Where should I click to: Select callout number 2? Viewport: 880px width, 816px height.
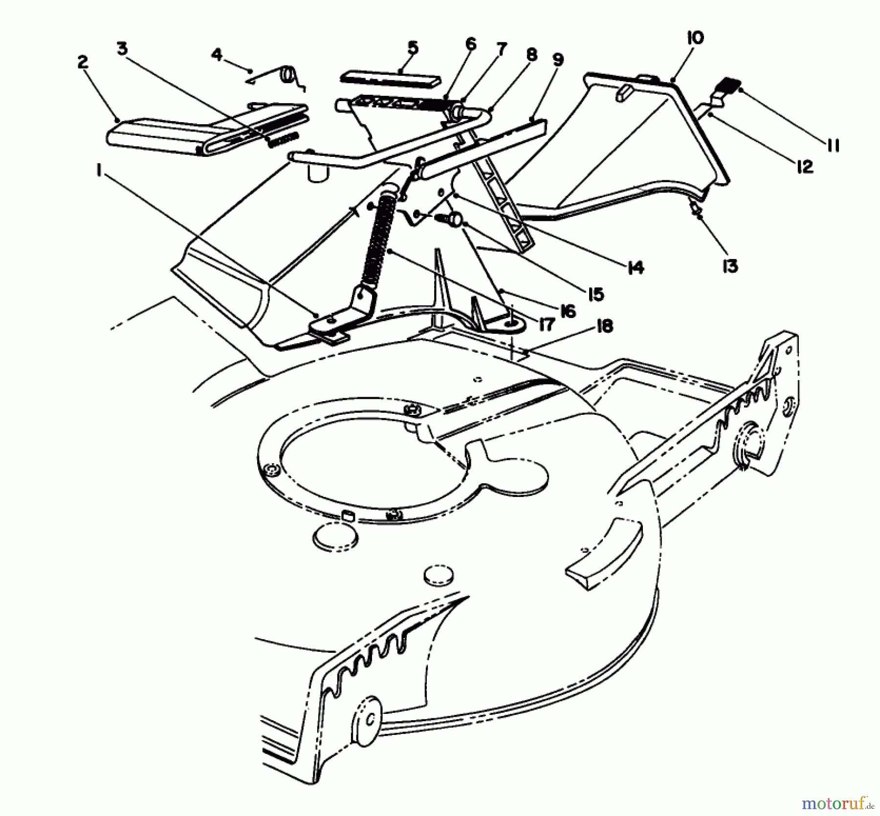(82, 62)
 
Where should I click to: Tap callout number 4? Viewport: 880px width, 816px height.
(217, 54)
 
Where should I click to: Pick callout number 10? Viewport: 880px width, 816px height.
(695, 38)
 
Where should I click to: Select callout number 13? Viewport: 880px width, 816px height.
(730, 266)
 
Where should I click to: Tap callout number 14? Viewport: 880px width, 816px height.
(635, 267)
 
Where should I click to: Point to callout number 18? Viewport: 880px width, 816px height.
(604, 326)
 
